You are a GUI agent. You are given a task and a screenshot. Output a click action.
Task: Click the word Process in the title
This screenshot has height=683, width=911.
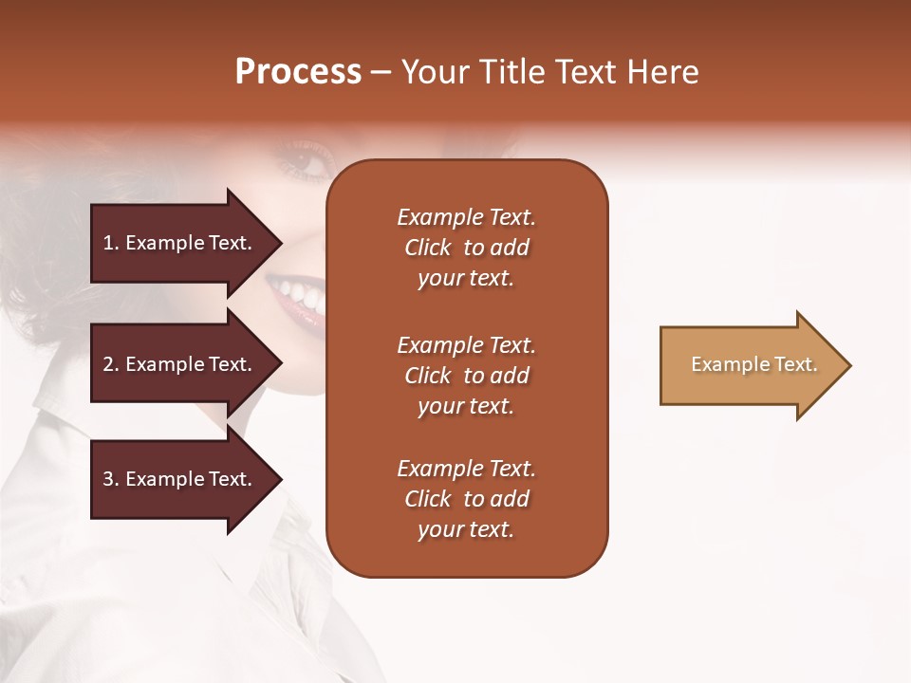[x=298, y=72]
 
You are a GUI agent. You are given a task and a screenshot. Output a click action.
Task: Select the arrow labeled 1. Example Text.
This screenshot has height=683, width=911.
[x=180, y=243]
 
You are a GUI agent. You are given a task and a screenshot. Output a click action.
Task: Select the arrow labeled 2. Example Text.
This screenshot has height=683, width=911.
[x=180, y=364]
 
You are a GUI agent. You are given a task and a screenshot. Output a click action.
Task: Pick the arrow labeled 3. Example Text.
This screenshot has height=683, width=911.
[x=180, y=479]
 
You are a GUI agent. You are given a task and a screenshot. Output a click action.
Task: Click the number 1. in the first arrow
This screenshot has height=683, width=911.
[x=111, y=243]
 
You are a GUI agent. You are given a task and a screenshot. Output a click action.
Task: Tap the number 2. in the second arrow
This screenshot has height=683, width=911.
[x=111, y=364]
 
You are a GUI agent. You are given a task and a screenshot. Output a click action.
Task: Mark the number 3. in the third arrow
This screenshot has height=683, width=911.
[x=111, y=479]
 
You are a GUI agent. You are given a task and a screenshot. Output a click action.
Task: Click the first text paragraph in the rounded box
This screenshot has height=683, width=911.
[x=466, y=248]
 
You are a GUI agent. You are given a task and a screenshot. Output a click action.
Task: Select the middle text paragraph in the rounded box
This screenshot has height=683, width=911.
[x=466, y=376]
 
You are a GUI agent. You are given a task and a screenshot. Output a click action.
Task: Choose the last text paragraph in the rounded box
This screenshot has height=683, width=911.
[x=466, y=499]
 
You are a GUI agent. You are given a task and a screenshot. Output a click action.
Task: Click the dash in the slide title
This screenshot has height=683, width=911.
[x=381, y=73]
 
